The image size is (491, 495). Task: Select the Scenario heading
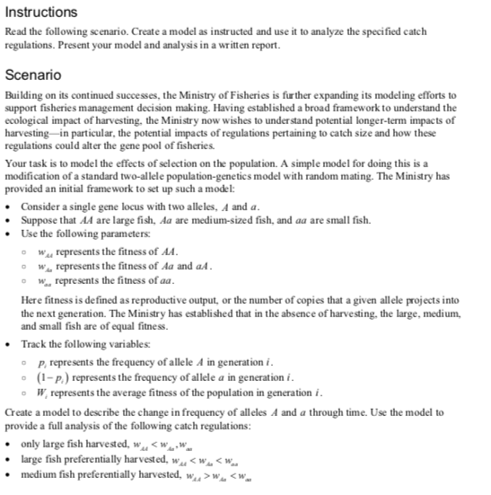[x=33, y=75]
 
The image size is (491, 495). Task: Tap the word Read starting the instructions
[x=16, y=31]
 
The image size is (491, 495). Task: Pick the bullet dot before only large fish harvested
[x=9, y=444]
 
